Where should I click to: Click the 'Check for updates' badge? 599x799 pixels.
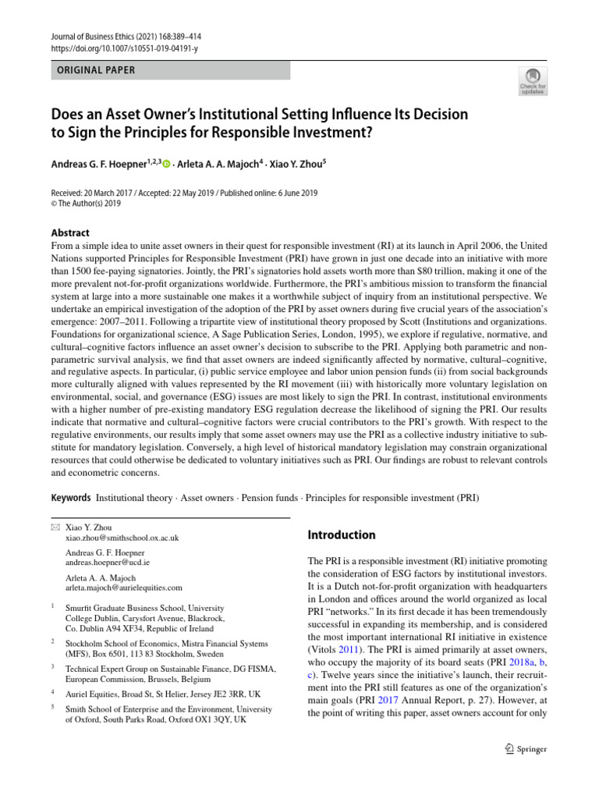pyautogui.click(x=532, y=81)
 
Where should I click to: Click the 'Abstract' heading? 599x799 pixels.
pyautogui.click(x=70, y=233)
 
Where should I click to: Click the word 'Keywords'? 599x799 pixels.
pyautogui.click(x=71, y=497)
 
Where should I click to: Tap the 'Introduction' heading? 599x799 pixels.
pyautogui.click(x=342, y=535)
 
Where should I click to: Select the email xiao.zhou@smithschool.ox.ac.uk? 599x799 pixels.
pyautogui.click(x=122, y=538)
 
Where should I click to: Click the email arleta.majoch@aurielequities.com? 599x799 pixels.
pyautogui.click(x=124, y=588)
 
